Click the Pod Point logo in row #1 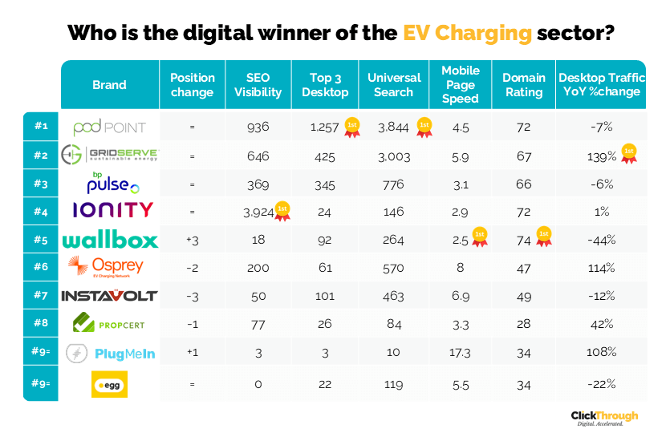tap(109, 127)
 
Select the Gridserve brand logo tap(109, 155)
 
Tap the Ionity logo tap(109, 211)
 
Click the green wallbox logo tap(109, 240)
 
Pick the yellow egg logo tap(109, 384)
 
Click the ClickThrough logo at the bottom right tap(604, 418)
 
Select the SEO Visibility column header tap(258, 85)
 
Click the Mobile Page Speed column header tap(460, 85)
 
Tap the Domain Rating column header tap(524, 85)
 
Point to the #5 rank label tap(41, 240)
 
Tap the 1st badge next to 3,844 tap(423, 126)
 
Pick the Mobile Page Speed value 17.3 tap(461, 352)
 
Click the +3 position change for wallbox tap(192, 240)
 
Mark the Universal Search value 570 tap(394, 268)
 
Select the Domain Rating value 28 tap(524, 324)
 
